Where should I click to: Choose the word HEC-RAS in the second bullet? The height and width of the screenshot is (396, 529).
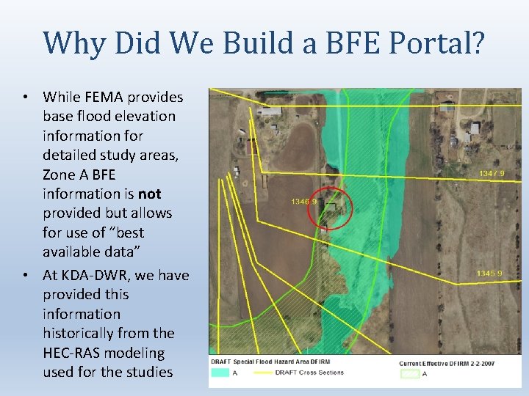[72, 353]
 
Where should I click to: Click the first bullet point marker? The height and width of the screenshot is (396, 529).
[25, 98]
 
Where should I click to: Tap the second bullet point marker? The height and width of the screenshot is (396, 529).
[25, 276]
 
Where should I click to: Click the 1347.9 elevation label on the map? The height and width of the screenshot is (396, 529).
[491, 173]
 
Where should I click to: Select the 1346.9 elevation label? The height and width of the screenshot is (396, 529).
[304, 201]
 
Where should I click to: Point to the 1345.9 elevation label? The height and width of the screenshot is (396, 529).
[489, 274]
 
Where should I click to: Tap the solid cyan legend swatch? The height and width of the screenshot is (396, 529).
[220, 373]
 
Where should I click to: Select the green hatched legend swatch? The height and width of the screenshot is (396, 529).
[409, 374]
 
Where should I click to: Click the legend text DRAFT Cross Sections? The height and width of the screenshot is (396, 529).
[309, 373]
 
